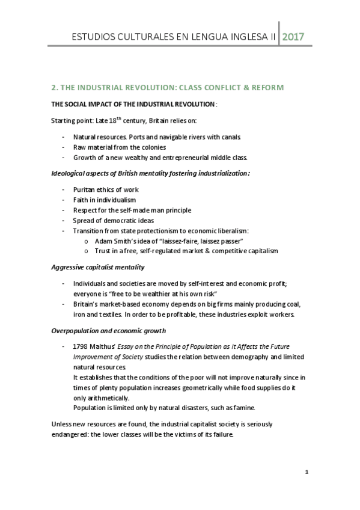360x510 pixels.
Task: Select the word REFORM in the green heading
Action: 264,87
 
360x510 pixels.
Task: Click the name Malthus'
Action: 112,348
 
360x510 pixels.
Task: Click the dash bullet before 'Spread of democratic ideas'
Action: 63,220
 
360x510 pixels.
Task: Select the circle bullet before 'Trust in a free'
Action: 88,251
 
